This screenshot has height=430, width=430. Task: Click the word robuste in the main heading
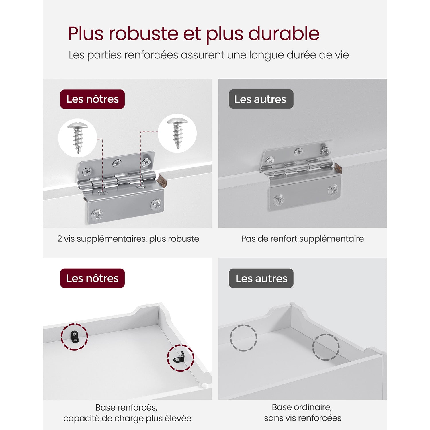tap(143, 34)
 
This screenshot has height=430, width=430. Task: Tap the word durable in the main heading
tap(284, 34)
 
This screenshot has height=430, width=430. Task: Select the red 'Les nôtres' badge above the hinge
tap(92, 99)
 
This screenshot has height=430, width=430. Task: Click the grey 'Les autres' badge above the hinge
tap(261, 99)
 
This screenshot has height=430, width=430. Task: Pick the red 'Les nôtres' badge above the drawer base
tap(92, 278)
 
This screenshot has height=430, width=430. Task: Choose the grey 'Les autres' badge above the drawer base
tap(261, 278)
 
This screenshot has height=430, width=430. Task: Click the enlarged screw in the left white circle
tap(78, 137)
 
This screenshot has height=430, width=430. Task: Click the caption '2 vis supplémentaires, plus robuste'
tap(128, 239)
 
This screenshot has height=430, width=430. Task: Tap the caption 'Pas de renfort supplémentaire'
tap(302, 239)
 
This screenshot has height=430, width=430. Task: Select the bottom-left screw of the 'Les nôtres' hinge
tap(97, 215)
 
